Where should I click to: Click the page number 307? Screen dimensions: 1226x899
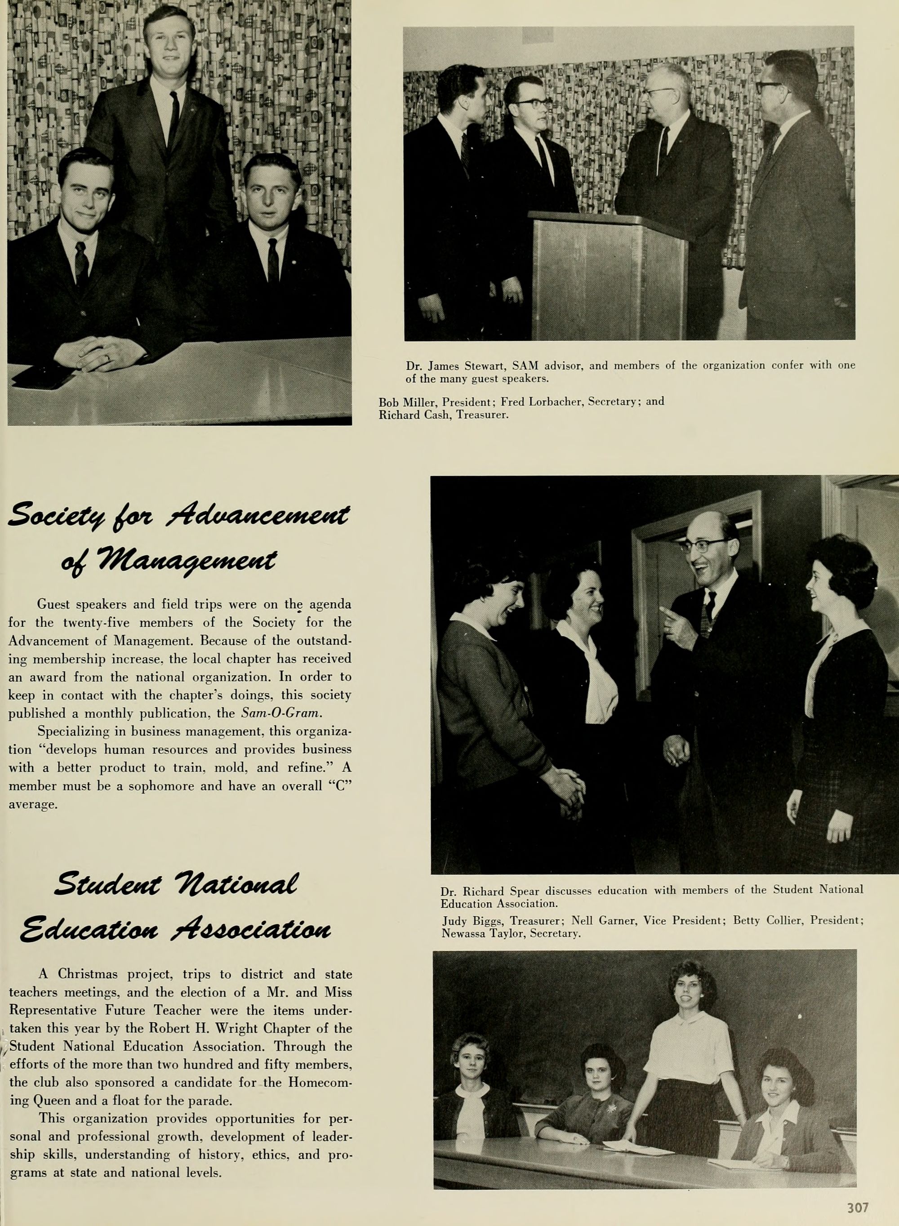tap(858, 1193)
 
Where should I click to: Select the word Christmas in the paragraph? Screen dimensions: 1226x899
tap(88, 973)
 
